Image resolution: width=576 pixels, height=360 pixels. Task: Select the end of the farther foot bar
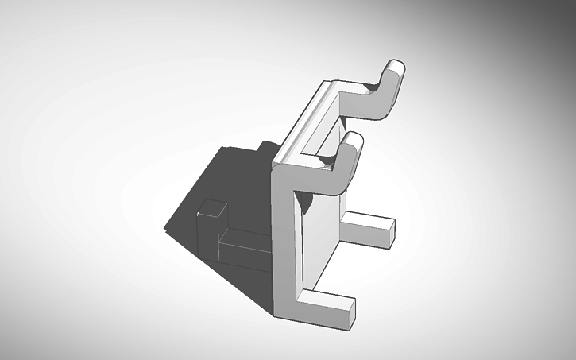(385, 230)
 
